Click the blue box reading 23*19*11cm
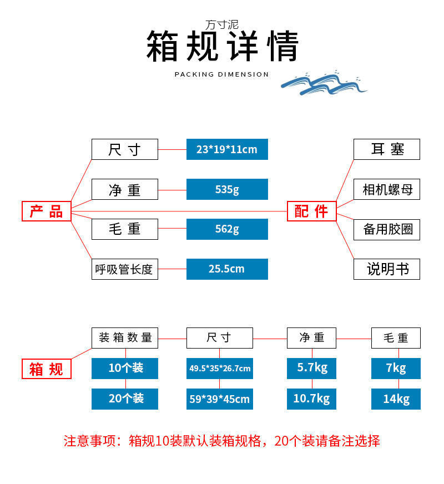(227, 149)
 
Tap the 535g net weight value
(227, 189)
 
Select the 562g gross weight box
(227, 229)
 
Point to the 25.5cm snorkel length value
(227, 269)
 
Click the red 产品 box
(47, 211)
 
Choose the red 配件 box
(311, 211)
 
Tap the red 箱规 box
(47, 369)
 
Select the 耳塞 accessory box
(387, 149)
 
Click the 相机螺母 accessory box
(387, 189)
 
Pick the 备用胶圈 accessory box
(387, 229)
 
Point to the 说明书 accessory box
(387, 269)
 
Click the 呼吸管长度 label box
(125, 269)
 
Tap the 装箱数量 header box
(125, 337)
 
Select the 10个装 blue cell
(125, 368)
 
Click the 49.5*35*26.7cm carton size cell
(220, 368)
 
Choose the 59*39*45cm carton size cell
(220, 399)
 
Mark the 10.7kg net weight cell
(311, 399)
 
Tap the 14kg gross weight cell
(396, 399)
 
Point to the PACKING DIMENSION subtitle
(221, 74)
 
